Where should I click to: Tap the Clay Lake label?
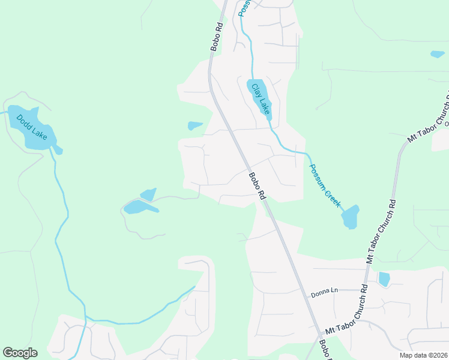(x=261, y=98)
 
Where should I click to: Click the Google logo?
(x=20, y=353)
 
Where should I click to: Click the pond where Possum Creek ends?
(x=350, y=217)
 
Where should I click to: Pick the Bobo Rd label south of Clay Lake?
(x=257, y=186)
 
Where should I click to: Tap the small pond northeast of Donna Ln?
(x=384, y=279)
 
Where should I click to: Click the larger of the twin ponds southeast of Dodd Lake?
(x=139, y=208)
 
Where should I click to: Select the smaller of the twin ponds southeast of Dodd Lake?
(x=148, y=194)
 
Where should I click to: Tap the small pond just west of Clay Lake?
(x=194, y=125)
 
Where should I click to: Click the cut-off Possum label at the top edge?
(x=243, y=7)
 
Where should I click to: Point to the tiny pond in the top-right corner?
(x=437, y=54)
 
